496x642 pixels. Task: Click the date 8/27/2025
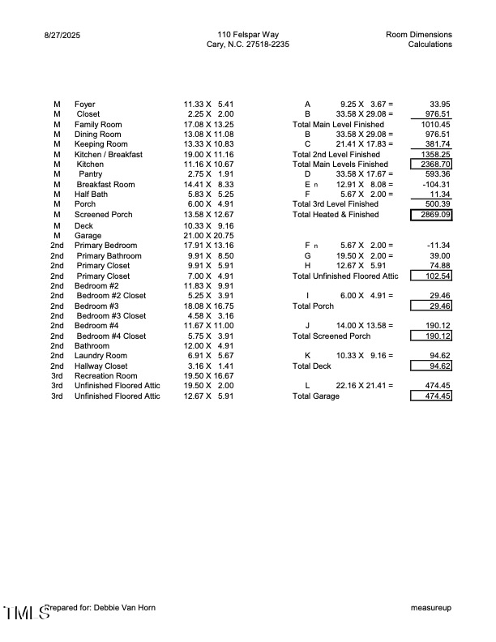tap(63, 35)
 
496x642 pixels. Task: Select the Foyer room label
tap(85, 105)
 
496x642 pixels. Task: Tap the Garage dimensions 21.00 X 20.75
tap(208, 236)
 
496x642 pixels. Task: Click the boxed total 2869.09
tap(431, 215)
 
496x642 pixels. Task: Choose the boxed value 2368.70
tap(431, 165)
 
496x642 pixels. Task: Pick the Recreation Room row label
tap(106, 376)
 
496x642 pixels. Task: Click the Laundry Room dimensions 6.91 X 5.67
tap(208, 356)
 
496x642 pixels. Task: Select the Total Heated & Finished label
tap(336, 215)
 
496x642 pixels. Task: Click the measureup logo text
tap(431, 607)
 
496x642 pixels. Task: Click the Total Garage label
tap(319, 396)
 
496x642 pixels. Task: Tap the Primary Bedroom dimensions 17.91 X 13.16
tap(208, 246)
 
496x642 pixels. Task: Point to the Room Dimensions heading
tap(419, 34)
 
